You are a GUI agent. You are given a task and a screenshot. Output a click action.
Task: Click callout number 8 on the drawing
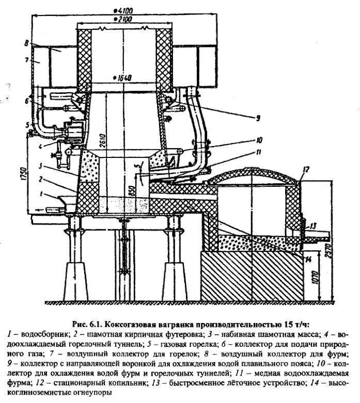coord(26,45)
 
